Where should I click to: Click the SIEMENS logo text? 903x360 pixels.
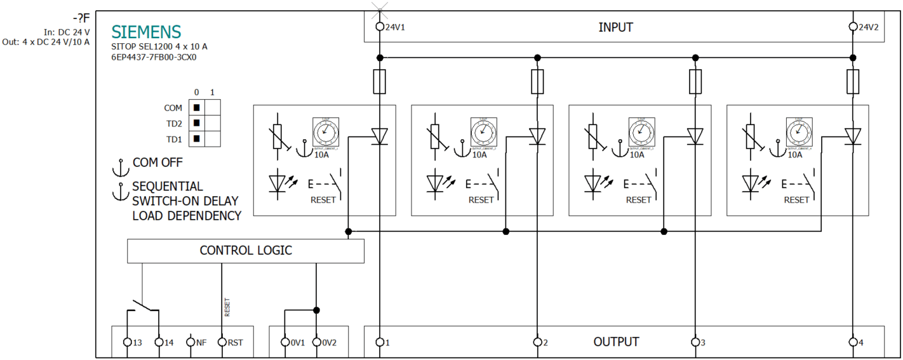146,32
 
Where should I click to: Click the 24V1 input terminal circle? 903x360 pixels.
380,27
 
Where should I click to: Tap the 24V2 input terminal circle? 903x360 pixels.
853,27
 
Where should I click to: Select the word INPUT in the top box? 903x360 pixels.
615,27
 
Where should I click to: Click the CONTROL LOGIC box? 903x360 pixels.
246,251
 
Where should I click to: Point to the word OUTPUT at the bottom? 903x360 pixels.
615,342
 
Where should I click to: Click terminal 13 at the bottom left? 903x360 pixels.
128,342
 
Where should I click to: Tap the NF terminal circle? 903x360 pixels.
191,342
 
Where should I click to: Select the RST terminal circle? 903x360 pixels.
222,342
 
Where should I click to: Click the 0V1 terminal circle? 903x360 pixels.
285,342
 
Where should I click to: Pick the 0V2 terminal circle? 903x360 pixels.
316,342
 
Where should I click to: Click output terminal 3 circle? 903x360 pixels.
695,342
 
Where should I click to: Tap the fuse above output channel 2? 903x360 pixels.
537,81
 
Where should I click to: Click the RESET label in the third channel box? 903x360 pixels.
638,200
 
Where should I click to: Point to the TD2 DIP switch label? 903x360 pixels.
174,123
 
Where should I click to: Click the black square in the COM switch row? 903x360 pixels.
197,108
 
